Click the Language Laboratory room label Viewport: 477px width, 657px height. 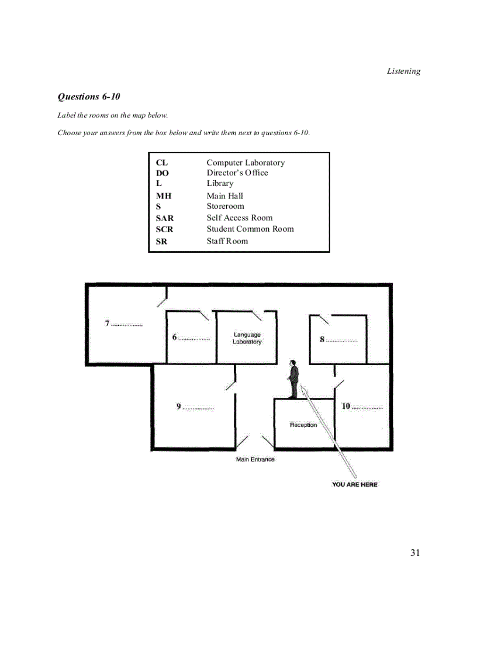click(247, 338)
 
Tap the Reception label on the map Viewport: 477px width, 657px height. click(303, 425)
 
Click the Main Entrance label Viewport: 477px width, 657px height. click(255, 459)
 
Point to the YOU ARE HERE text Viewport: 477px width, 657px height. click(355, 484)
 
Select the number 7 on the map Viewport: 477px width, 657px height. click(108, 324)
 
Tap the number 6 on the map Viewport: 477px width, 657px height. click(174, 338)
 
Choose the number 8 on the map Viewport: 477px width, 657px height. click(322, 339)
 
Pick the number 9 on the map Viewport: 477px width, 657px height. click(179, 407)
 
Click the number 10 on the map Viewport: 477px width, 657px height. click(345, 406)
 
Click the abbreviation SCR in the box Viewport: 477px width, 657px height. click(165, 229)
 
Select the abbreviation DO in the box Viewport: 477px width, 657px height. click(162, 173)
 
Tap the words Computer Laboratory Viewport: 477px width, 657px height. click(246, 163)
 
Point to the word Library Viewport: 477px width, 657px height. click(220, 183)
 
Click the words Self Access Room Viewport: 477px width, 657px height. click(240, 218)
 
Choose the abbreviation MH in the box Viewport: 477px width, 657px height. click(164, 196)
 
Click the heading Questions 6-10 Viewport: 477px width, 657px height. click(89, 97)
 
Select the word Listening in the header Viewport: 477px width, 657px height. click(403, 71)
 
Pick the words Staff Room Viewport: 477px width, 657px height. click(227, 241)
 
